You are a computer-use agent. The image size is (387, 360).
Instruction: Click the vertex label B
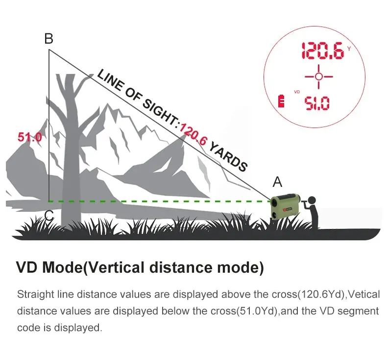pyautogui.click(x=48, y=38)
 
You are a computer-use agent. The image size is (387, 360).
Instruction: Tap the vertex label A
pyautogui.click(x=277, y=182)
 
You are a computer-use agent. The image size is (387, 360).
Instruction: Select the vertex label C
pyautogui.click(x=48, y=215)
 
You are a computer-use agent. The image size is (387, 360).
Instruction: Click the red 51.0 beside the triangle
pyautogui.click(x=30, y=137)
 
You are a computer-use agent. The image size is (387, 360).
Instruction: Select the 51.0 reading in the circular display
pyautogui.click(x=317, y=103)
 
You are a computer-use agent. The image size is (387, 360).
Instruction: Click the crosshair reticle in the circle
pyautogui.click(x=318, y=77)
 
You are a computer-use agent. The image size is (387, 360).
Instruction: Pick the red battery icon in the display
pyautogui.click(x=281, y=101)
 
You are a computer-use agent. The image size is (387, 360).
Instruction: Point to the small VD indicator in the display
pyautogui.click(x=296, y=92)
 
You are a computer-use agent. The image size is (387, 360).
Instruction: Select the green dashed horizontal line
pyautogui.click(x=157, y=201)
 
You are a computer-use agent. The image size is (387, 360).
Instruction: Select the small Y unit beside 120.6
pyautogui.click(x=349, y=48)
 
